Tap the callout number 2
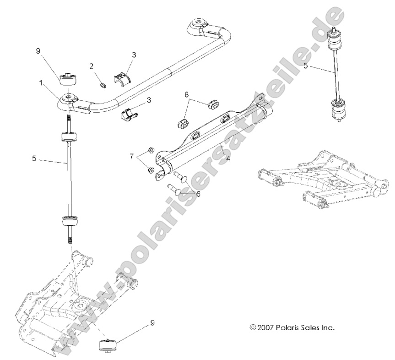pyautogui.click(x=92, y=66)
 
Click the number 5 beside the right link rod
pyautogui.click(x=305, y=66)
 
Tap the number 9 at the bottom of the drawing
pyautogui.click(x=152, y=322)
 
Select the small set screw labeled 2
pyautogui.click(x=103, y=85)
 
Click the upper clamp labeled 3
pyautogui.click(x=122, y=77)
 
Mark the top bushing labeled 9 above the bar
pyautogui.click(x=67, y=78)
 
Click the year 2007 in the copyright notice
pyautogui.click(x=266, y=327)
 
